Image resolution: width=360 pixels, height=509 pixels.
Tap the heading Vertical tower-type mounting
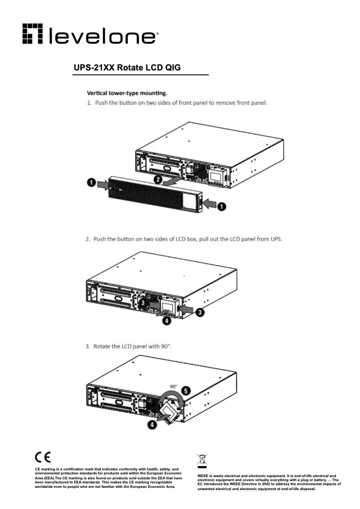click(127, 93)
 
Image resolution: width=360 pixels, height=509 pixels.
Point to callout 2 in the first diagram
click(158, 179)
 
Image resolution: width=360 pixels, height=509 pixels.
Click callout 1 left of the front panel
click(91, 183)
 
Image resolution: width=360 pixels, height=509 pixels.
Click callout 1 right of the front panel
click(222, 206)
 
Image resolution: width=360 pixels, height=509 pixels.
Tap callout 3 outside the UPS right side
click(200, 311)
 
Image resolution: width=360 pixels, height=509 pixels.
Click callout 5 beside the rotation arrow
click(185, 391)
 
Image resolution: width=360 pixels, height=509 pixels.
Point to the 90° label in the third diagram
click(173, 386)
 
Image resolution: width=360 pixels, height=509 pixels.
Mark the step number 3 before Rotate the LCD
click(88, 347)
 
